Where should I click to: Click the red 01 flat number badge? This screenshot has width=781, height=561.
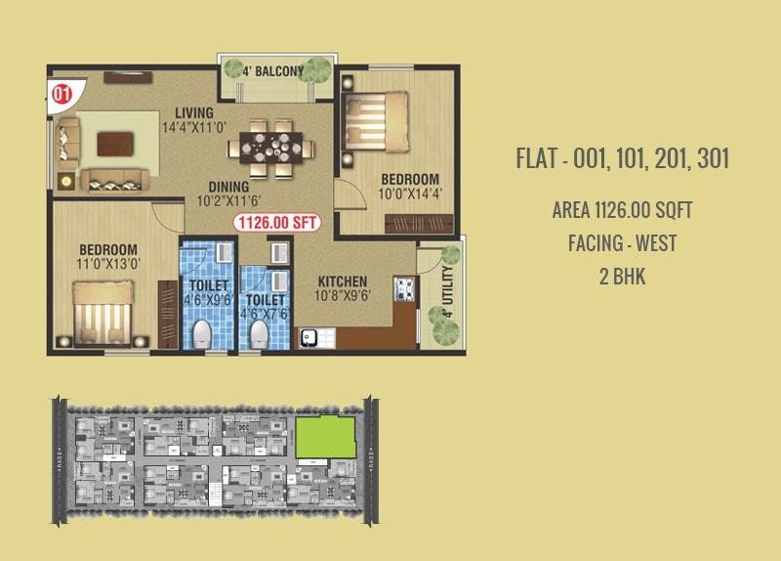click(62, 95)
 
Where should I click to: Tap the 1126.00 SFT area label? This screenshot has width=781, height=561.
click(277, 222)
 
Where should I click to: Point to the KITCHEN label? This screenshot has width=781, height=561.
click(343, 281)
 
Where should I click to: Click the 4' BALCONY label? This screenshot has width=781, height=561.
click(273, 70)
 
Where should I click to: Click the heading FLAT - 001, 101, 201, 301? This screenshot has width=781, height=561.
click(622, 159)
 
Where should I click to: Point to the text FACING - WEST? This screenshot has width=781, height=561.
click(622, 241)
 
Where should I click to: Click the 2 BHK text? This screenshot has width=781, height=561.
click(622, 276)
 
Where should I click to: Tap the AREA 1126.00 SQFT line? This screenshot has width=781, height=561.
click(622, 209)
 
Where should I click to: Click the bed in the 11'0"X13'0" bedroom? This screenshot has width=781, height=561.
click(104, 310)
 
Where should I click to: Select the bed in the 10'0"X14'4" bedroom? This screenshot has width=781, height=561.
click(377, 117)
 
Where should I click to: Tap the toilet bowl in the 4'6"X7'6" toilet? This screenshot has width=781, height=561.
click(259, 333)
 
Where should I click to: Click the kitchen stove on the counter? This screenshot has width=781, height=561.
click(404, 289)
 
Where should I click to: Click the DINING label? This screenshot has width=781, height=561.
click(228, 187)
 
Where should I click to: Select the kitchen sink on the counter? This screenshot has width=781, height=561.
click(313, 337)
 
